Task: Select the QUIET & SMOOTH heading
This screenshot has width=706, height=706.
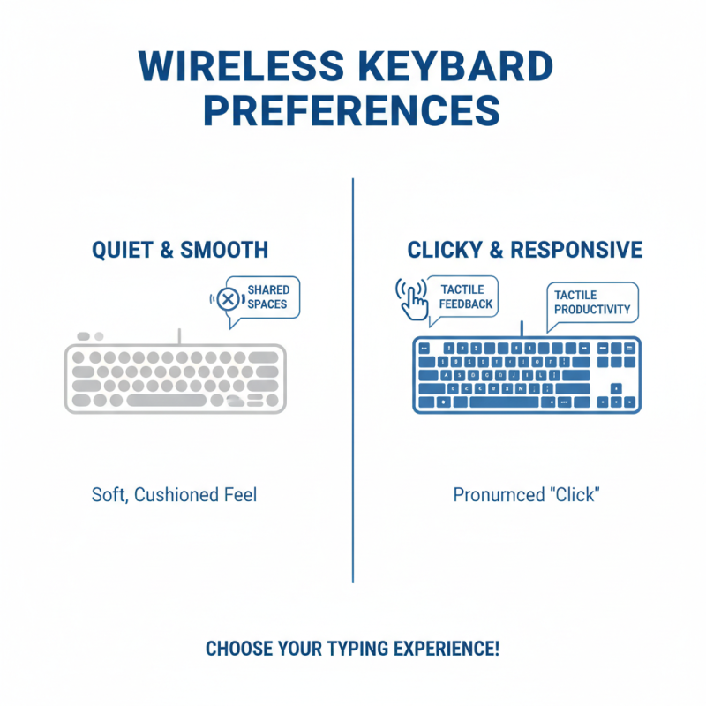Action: (x=180, y=251)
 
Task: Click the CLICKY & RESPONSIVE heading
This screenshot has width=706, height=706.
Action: (x=525, y=251)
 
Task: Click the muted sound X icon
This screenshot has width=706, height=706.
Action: (x=228, y=300)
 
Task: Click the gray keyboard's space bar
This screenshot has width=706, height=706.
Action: (x=172, y=401)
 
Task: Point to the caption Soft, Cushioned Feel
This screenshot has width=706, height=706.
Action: (x=174, y=494)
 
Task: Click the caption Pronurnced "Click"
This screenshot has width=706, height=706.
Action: (x=526, y=494)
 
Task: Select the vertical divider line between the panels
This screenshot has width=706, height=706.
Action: (x=353, y=379)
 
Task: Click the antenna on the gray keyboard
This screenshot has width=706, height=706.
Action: (x=179, y=335)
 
